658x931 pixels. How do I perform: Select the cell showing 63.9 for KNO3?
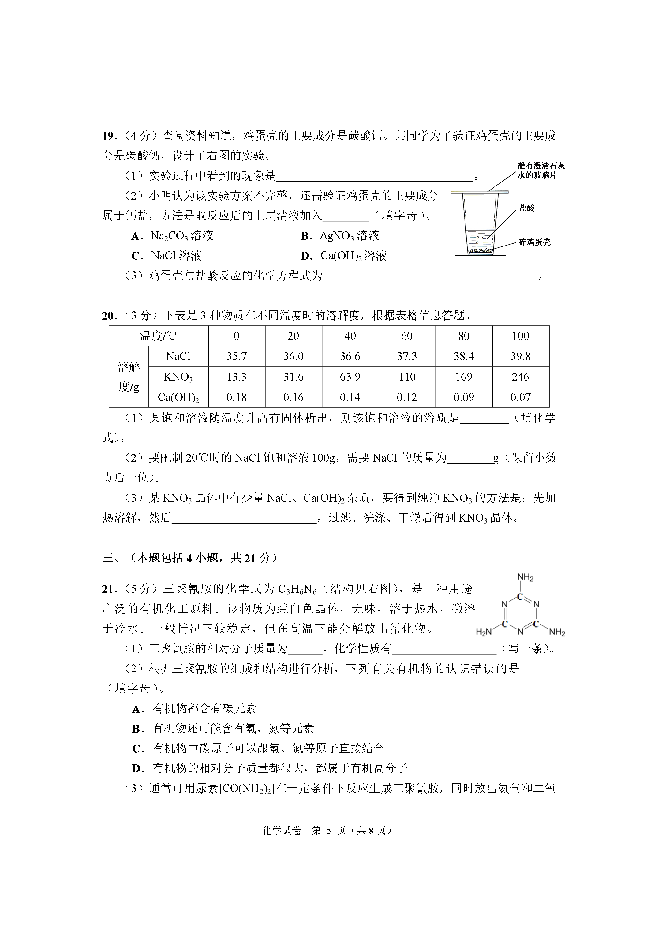350,377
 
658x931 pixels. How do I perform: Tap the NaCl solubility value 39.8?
521,356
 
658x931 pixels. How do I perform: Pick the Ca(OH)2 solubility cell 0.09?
463,397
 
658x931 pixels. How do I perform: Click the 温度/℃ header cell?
158,336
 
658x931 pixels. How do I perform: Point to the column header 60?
407,336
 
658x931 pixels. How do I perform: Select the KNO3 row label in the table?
178,377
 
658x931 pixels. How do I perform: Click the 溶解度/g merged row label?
129,377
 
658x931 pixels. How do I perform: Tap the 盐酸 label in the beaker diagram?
527,208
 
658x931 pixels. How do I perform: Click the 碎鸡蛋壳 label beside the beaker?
535,242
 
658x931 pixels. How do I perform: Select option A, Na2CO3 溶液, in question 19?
172,236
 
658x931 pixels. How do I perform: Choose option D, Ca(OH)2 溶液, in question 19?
344,256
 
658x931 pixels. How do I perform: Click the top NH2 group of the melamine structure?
525,577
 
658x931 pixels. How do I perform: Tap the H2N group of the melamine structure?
484,632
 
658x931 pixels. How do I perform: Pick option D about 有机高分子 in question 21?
270,768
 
